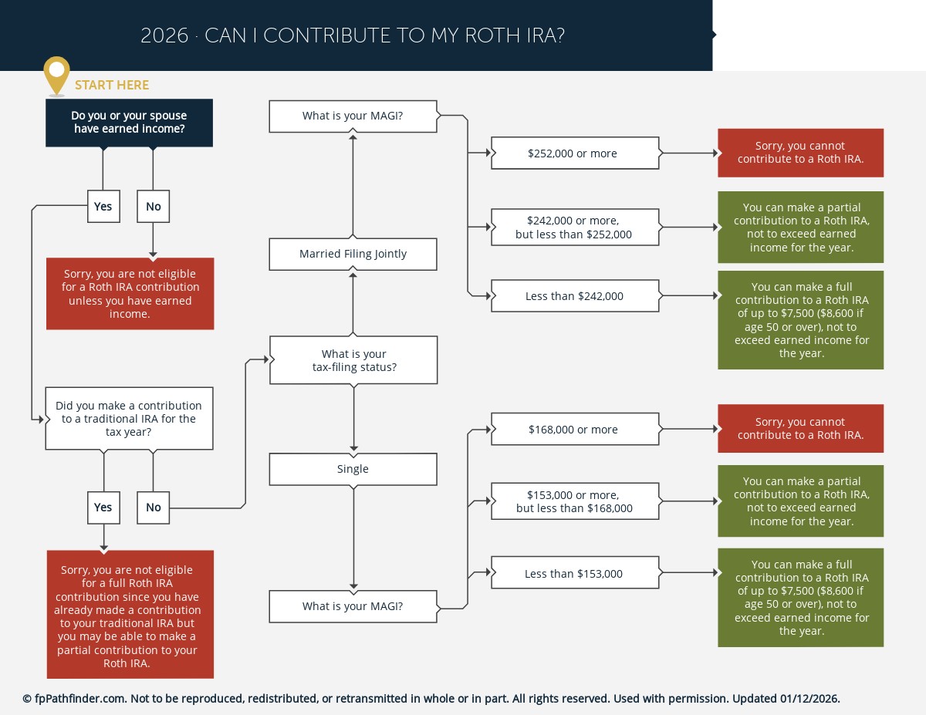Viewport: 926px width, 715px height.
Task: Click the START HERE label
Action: click(112, 85)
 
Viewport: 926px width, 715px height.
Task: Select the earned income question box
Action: click(130, 123)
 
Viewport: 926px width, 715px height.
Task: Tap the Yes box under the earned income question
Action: click(103, 207)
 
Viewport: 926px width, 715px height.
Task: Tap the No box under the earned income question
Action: click(154, 207)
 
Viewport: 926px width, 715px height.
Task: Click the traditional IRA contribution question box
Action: click(129, 419)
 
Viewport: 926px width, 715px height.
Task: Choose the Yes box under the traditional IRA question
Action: click(103, 508)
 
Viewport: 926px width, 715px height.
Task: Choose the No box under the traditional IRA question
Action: click(154, 508)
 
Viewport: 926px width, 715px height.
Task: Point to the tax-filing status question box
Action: click(353, 360)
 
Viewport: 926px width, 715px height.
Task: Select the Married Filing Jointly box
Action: click(353, 254)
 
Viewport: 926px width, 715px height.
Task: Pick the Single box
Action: click(353, 469)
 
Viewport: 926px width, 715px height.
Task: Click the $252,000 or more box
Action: click(575, 153)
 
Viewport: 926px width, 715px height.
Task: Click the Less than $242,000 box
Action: click(575, 296)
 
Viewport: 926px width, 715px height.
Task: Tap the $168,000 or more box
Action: click(575, 430)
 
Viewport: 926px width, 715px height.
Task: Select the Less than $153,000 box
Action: click(575, 574)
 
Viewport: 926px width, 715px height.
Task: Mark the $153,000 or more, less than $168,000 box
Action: click(575, 501)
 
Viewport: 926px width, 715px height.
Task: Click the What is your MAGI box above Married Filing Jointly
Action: click(353, 116)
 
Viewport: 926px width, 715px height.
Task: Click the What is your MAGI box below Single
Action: click(353, 606)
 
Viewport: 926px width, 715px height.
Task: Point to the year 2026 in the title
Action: click(164, 35)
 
